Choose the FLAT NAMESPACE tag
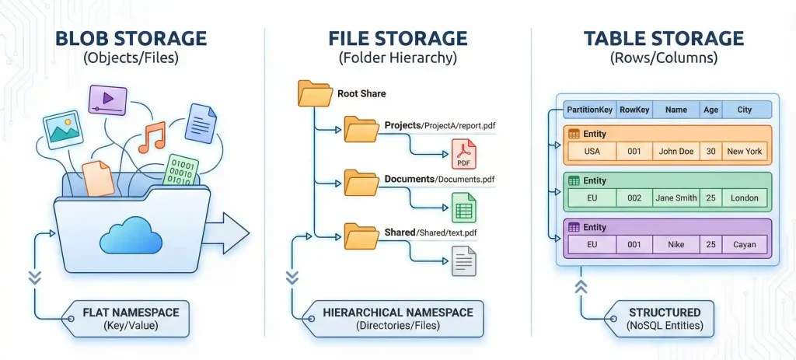131,319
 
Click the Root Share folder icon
314,93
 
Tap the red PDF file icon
463,154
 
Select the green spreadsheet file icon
463,207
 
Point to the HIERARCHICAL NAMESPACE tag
397,319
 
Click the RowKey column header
634,110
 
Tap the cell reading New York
744,152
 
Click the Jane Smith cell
676,198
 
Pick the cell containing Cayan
744,245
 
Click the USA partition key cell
592,152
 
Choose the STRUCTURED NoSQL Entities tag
664,319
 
